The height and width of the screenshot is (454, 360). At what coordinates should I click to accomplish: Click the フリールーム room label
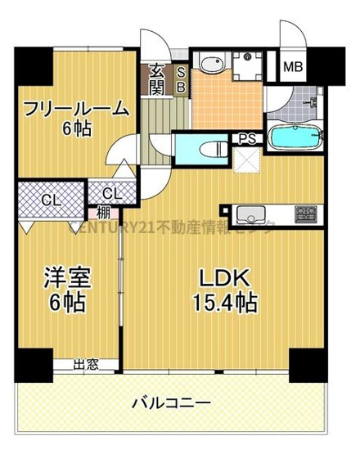75,108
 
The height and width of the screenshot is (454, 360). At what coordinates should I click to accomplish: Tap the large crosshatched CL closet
52,200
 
